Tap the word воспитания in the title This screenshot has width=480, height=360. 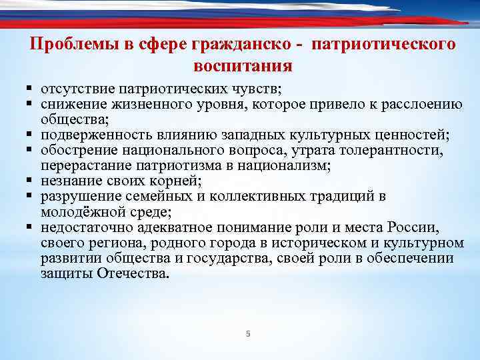click(243, 66)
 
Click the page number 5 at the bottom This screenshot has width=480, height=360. click(247, 334)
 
